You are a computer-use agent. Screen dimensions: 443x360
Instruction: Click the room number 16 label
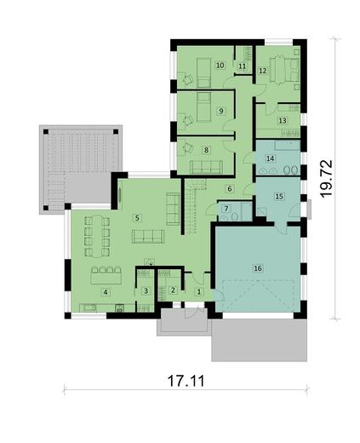257,268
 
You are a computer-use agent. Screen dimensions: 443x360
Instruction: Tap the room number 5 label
136,218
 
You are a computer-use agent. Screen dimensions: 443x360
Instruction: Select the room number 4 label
106,292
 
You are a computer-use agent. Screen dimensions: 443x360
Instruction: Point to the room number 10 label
220,65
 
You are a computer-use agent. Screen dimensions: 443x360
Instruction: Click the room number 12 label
263,70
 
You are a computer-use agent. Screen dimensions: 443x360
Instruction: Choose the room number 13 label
283,121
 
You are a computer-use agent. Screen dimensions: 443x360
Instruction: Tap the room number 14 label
270,159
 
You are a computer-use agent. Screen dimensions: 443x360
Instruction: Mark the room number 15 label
278,196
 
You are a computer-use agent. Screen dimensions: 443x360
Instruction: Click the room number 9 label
220,111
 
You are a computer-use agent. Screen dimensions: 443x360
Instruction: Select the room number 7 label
226,208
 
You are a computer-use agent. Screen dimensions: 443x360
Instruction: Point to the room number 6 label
229,188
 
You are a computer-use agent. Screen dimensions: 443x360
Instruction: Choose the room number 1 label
199,292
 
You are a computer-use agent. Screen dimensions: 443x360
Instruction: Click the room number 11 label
242,66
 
